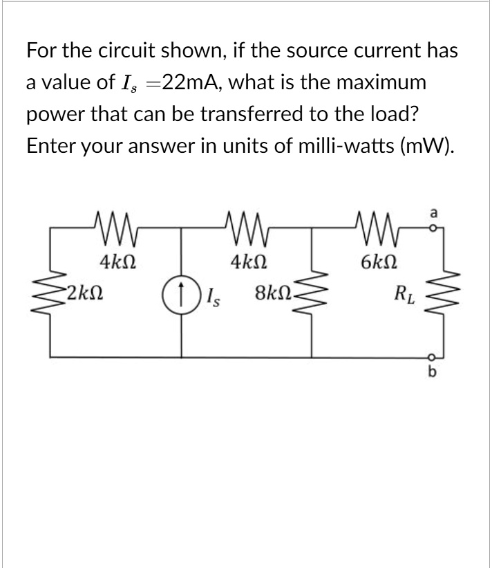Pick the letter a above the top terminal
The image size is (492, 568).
click(x=433, y=214)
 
